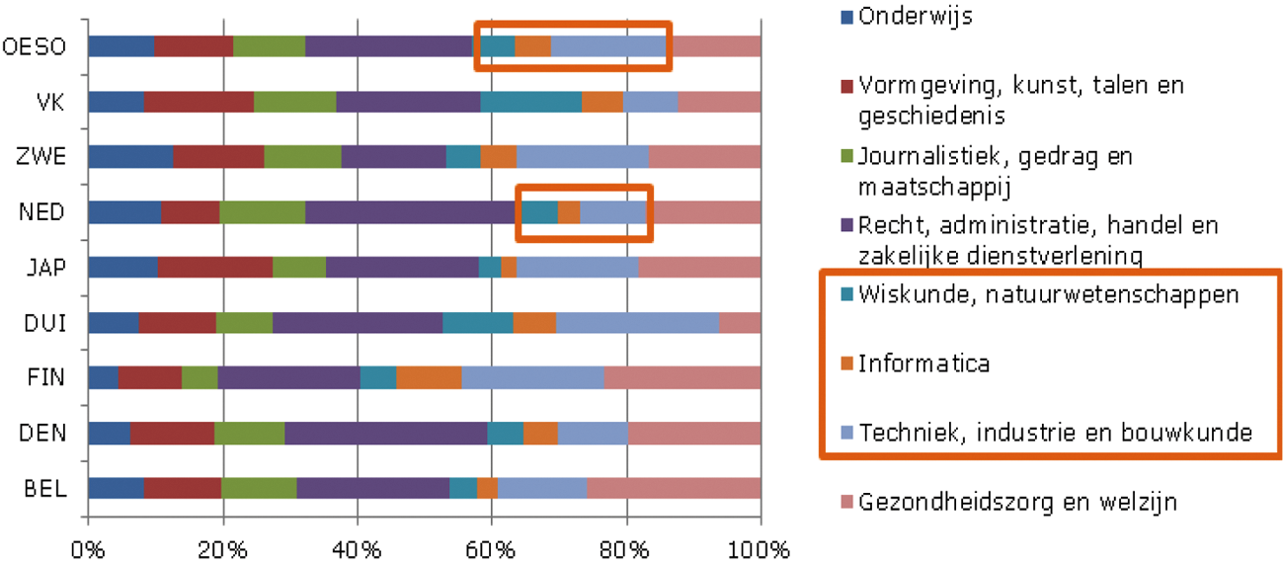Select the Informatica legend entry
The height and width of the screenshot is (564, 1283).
pyautogui.click(x=923, y=363)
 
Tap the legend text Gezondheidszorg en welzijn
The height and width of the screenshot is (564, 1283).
pyautogui.click(x=1017, y=502)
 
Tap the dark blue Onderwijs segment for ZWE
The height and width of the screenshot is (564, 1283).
pyautogui.click(x=130, y=157)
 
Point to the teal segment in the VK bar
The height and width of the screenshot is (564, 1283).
pyautogui.click(x=530, y=102)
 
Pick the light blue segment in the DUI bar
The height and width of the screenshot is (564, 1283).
pyautogui.click(x=637, y=323)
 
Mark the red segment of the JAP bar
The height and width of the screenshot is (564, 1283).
pyautogui.click(x=214, y=268)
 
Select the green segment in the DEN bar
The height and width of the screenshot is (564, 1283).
pyautogui.click(x=249, y=434)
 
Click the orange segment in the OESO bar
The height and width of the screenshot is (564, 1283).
pyautogui.click(x=532, y=46)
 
